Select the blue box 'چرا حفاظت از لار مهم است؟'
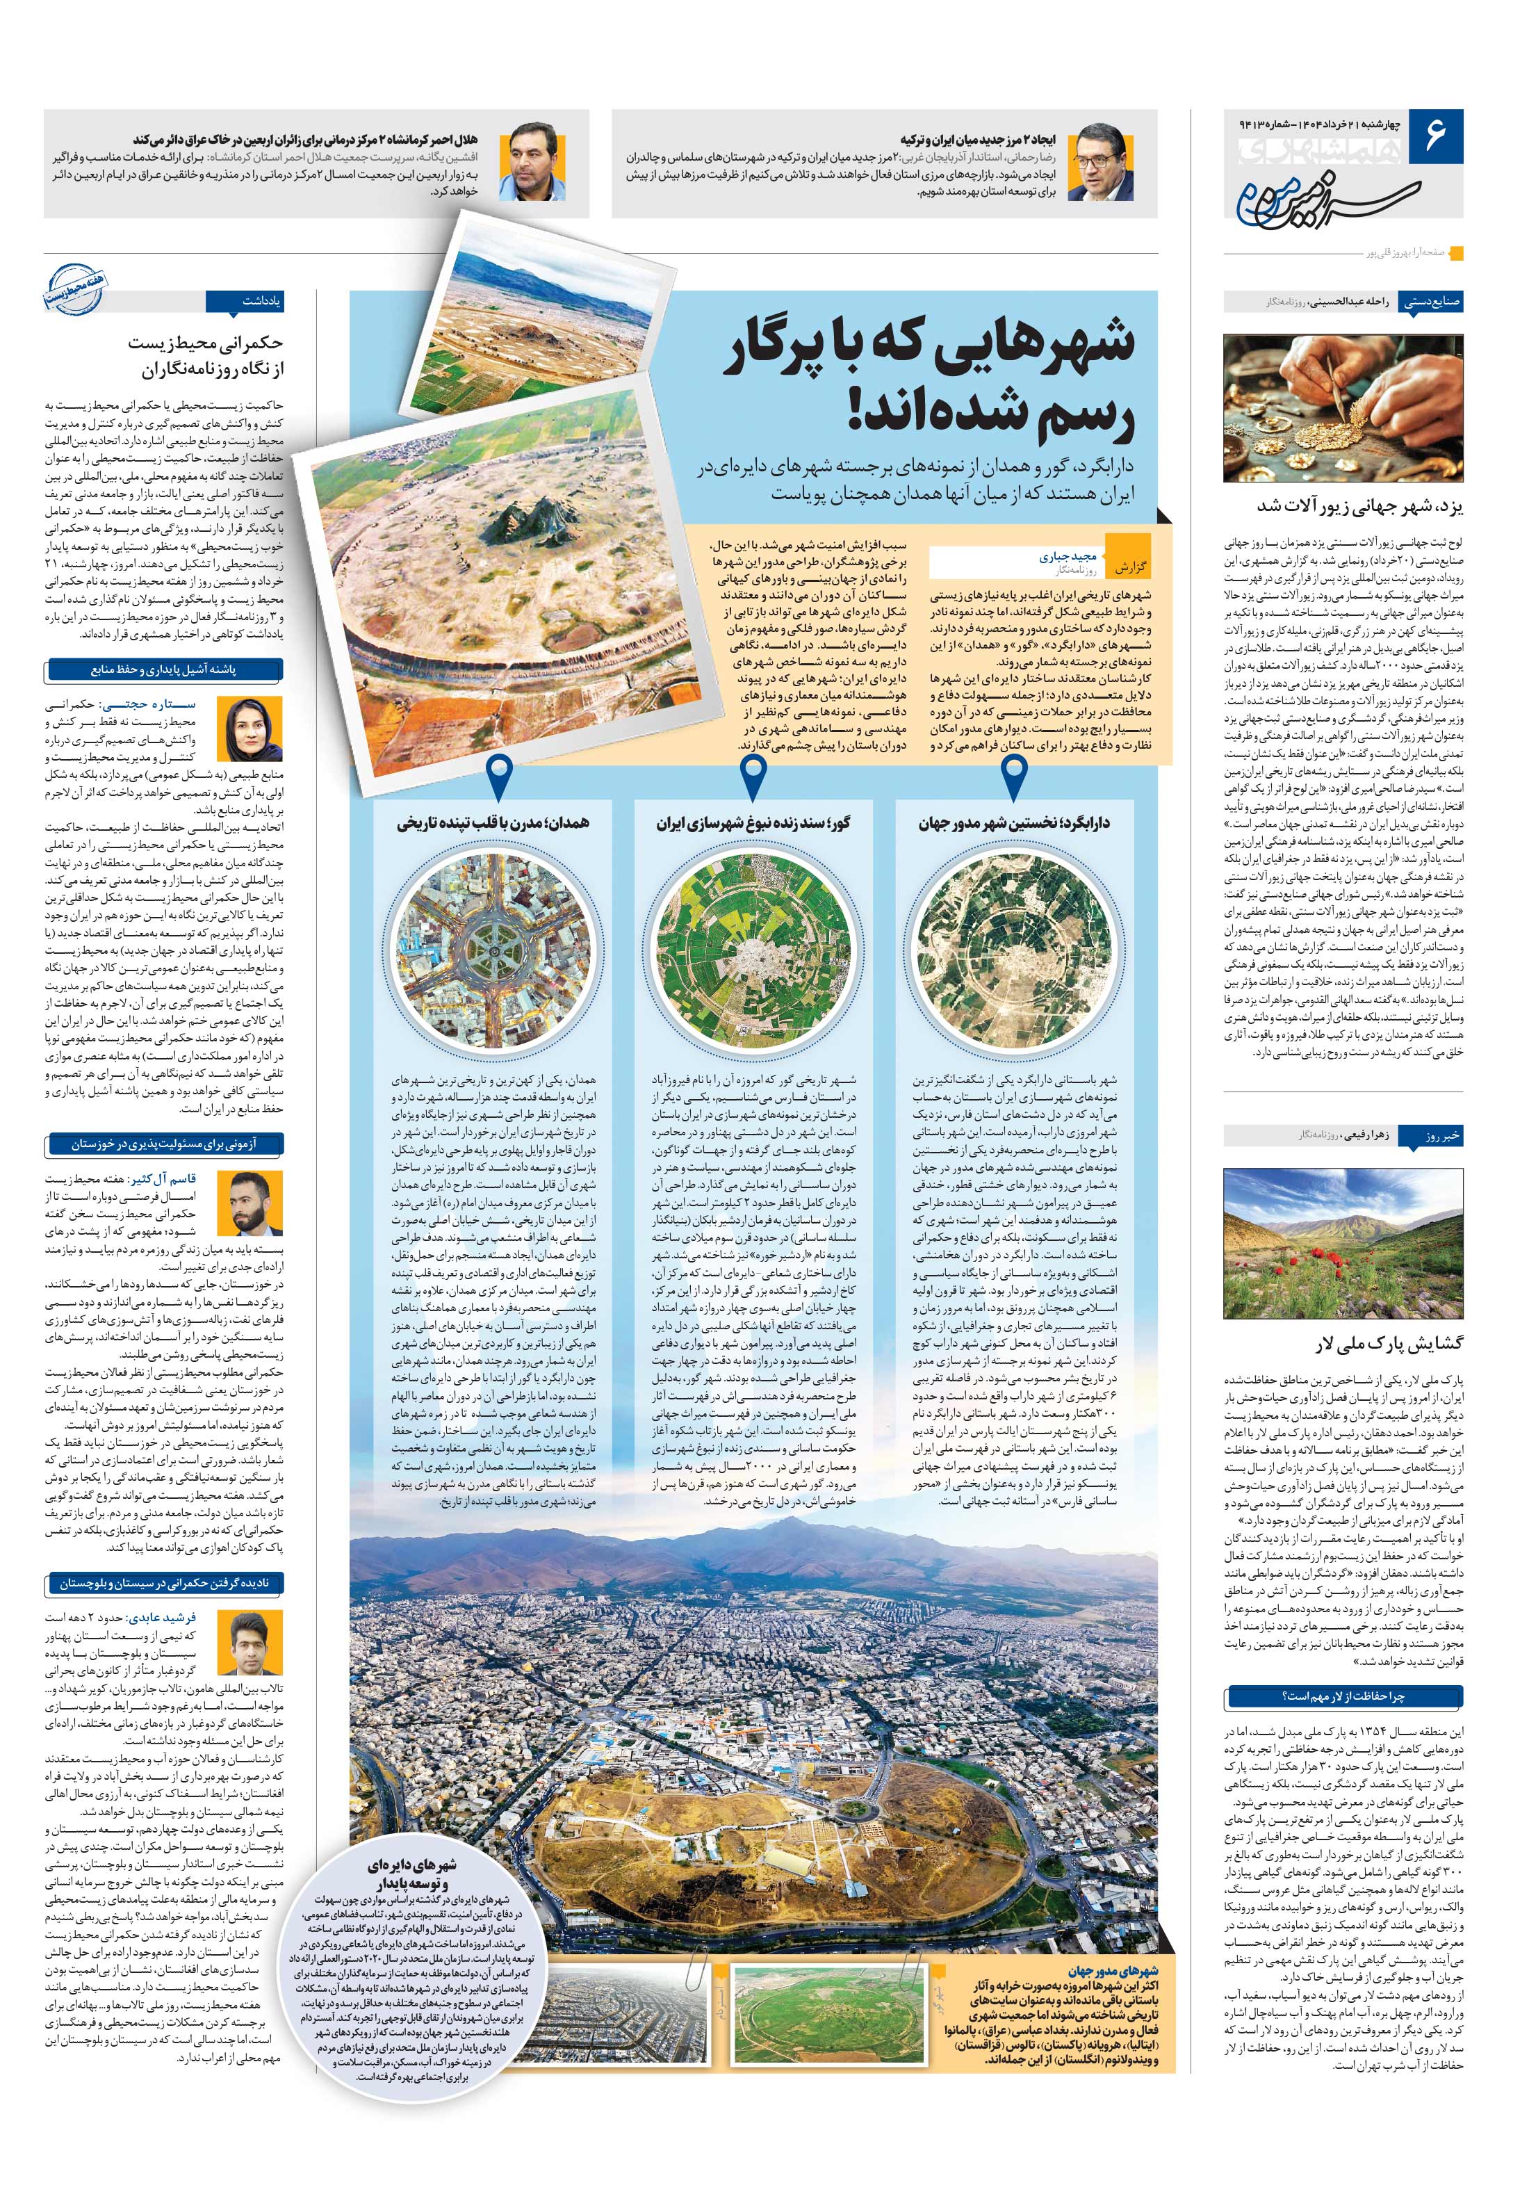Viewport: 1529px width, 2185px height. point(1343,1696)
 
